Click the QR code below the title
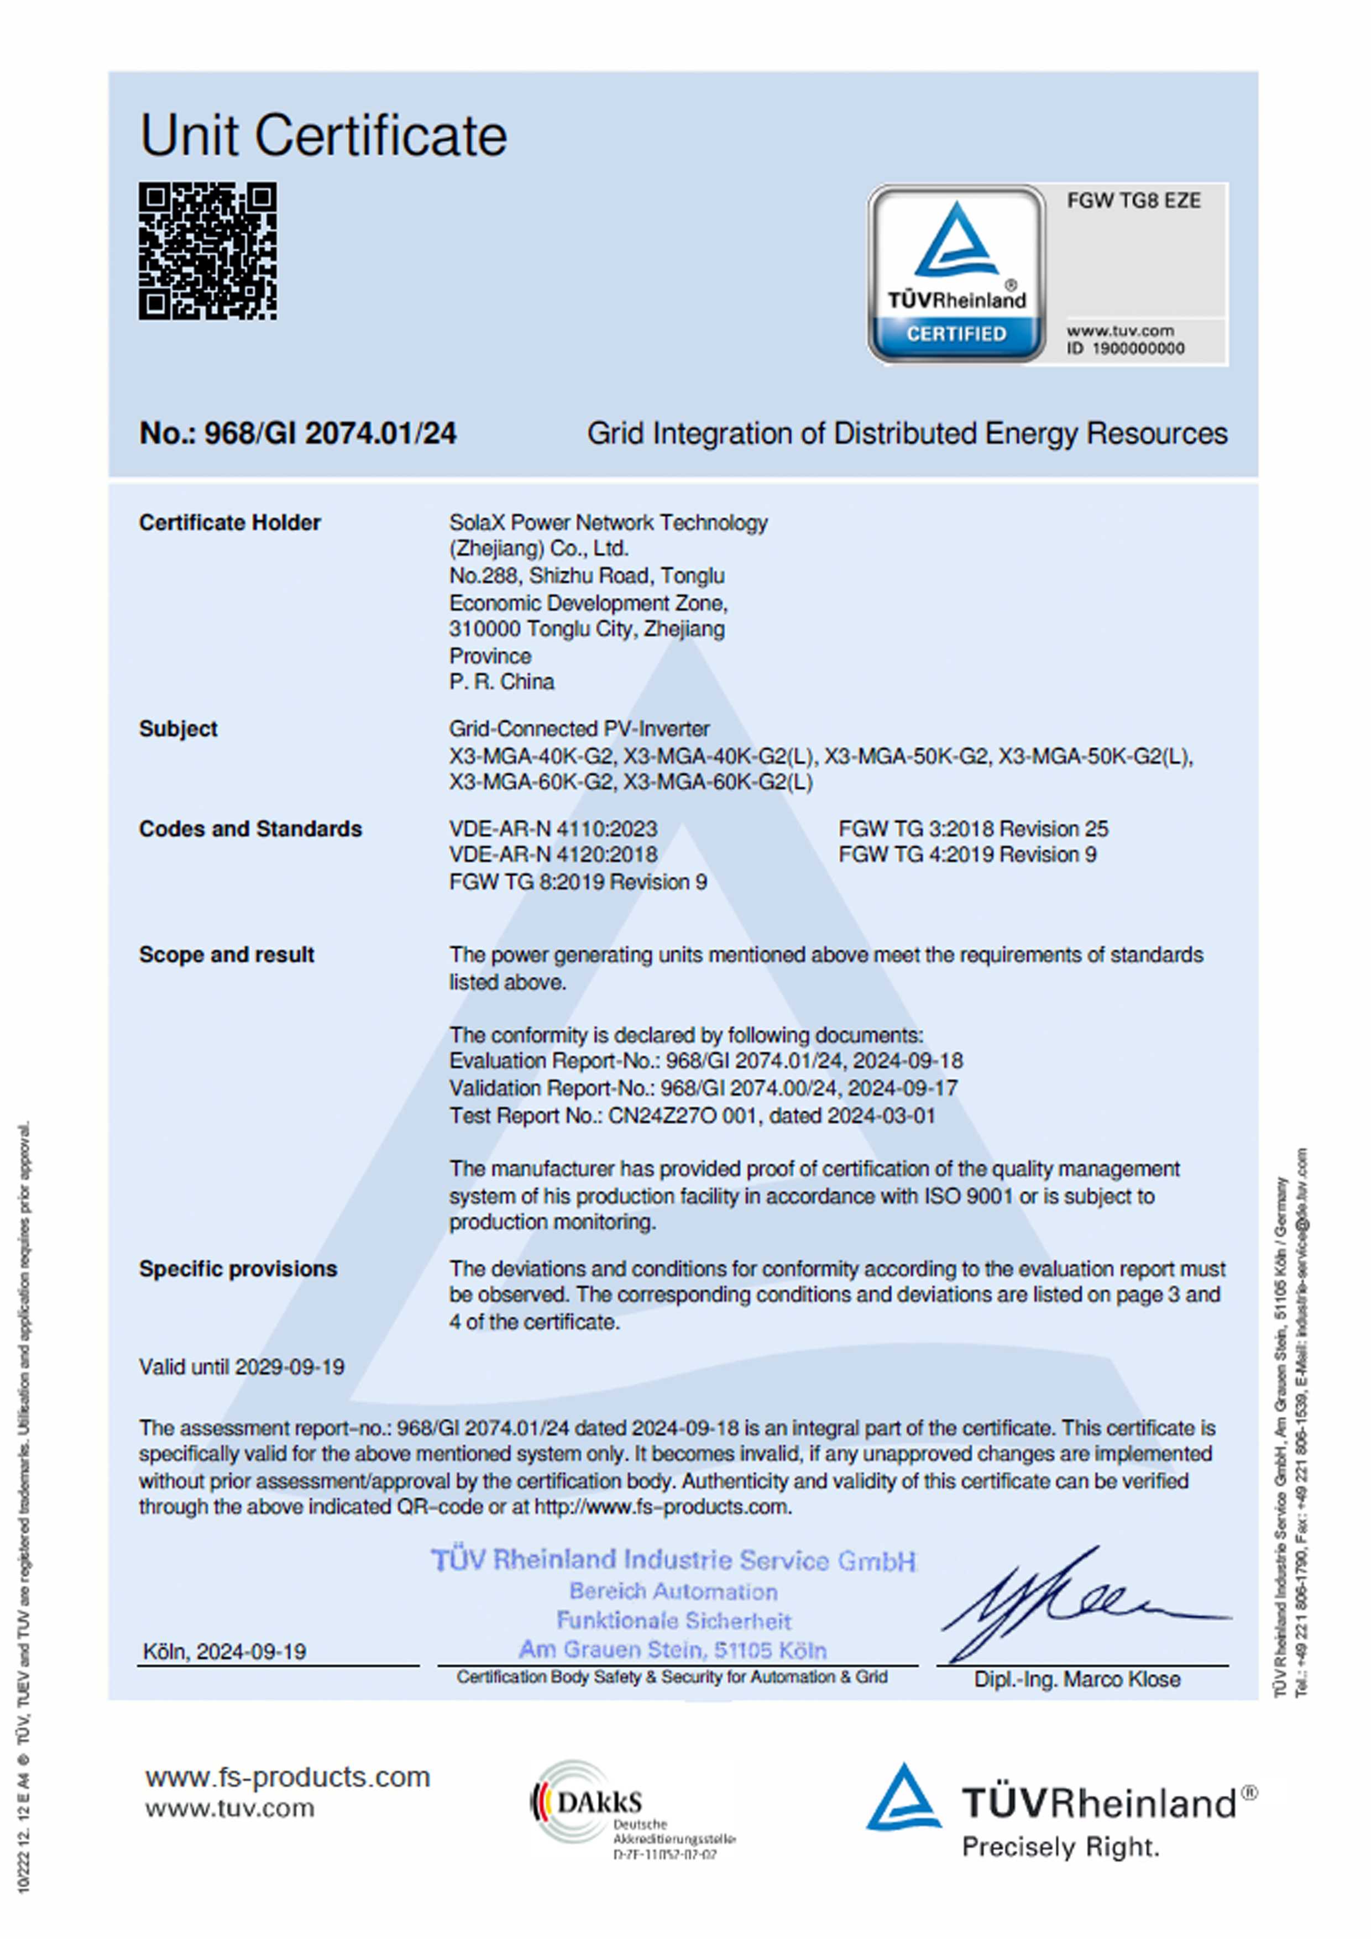click(208, 251)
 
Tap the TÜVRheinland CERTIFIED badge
click(957, 274)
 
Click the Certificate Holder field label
click(230, 523)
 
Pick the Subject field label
click(178, 729)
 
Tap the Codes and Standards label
click(250, 829)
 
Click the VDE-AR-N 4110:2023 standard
click(553, 829)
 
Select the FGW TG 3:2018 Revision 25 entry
click(973, 829)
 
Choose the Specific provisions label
click(238, 1269)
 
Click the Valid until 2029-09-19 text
click(242, 1367)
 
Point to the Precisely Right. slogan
click(1060, 1848)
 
